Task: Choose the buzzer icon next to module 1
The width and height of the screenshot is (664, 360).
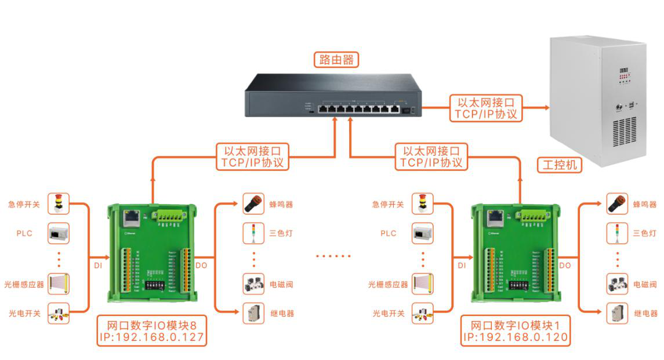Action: tap(617, 204)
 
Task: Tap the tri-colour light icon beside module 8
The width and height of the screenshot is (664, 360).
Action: tap(253, 233)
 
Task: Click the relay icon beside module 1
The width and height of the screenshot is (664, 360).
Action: tap(617, 313)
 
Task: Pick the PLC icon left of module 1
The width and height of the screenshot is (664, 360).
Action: tap(422, 233)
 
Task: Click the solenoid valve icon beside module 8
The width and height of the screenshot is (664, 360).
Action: tap(253, 284)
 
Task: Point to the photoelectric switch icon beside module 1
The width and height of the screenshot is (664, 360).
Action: tap(422, 313)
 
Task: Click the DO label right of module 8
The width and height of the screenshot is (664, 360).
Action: tap(201, 265)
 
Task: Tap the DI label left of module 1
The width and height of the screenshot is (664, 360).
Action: tap(462, 265)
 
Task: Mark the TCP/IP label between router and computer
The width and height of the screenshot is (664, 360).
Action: tap(485, 114)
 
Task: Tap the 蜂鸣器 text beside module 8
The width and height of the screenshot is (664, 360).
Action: tap(281, 205)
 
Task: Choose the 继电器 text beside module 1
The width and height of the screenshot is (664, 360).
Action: tap(645, 314)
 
